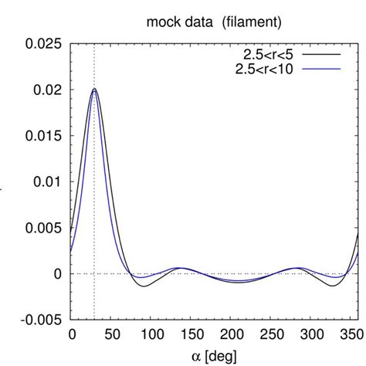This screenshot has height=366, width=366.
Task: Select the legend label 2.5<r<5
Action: [263, 55]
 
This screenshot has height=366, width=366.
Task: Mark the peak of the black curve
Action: [94, 89]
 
